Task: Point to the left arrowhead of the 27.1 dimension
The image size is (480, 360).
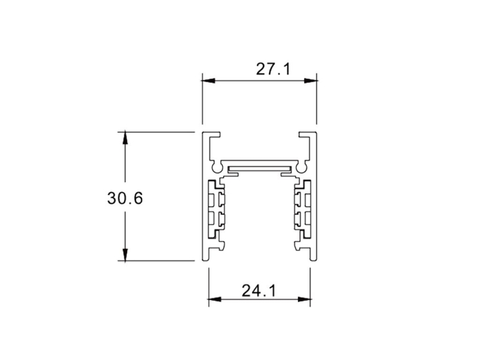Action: [x=208, y=81]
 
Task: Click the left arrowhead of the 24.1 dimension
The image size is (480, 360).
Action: [x=214, y=300]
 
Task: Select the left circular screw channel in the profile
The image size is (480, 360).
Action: [x=216, y=165]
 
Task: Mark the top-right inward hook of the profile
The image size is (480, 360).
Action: [x=306, y=137]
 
